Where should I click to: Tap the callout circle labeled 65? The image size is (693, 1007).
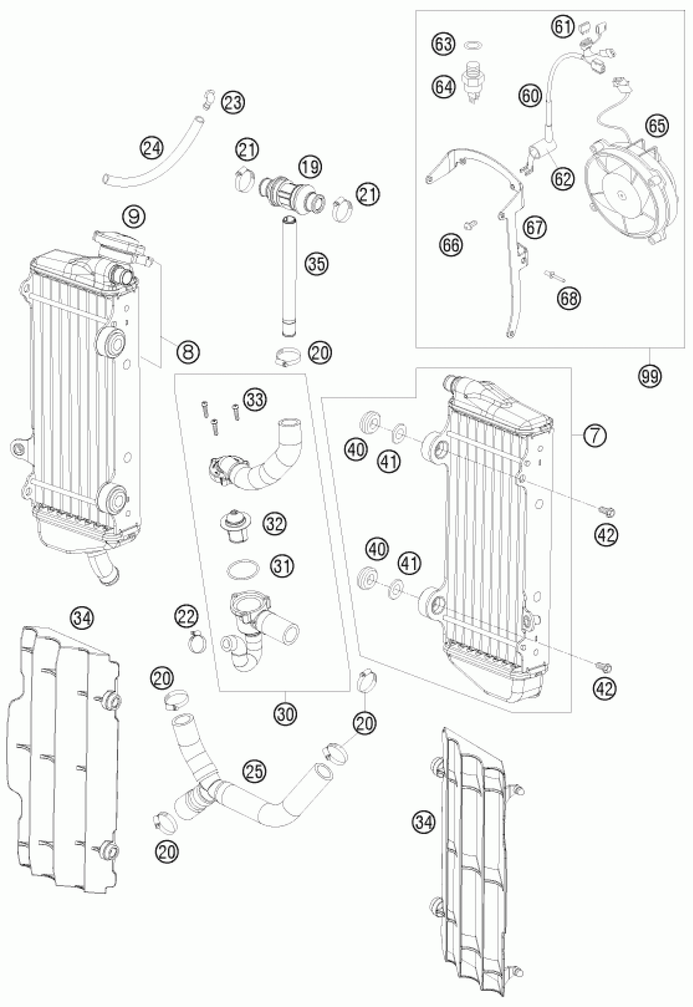point(657,126)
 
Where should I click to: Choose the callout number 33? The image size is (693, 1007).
point(254,399)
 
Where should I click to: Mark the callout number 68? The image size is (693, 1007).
point(569,298)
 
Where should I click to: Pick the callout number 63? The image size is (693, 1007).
point(444,44)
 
